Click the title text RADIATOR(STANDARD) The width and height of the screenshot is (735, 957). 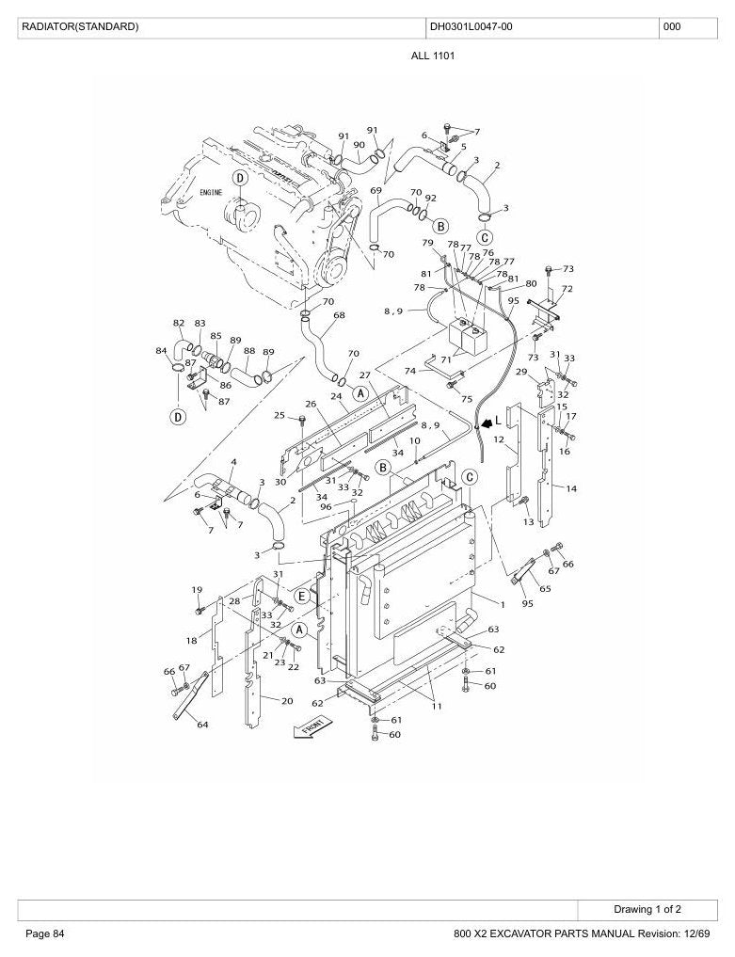coord(80,27)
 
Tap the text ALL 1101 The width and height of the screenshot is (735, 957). coord(433,56)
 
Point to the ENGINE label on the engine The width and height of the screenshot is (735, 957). coord(211,192)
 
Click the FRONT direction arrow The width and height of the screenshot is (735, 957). coord(313,727)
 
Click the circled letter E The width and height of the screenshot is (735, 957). coord(301,597)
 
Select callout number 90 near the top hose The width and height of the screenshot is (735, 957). coord(359,145)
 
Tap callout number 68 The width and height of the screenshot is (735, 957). coord(339,315)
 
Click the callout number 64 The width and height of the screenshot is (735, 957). coord(202,725)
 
